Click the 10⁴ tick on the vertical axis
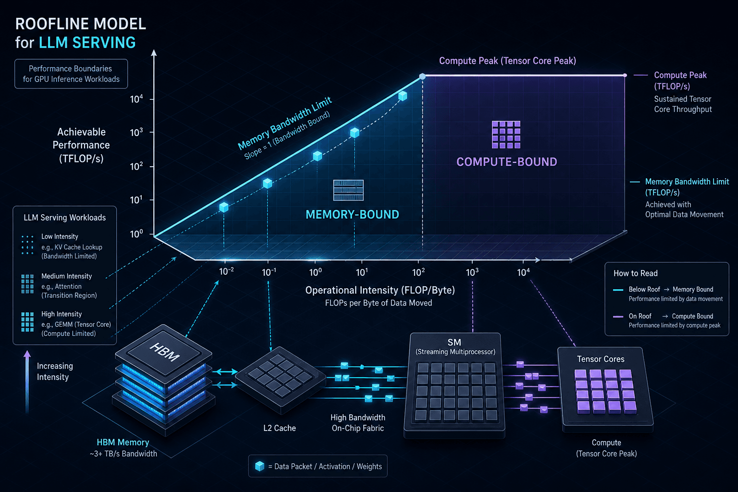point(151,99)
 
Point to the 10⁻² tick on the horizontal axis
point(225,261)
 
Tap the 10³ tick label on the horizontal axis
point(472,272)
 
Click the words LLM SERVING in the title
point(87,42)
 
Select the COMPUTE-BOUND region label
point(507,162)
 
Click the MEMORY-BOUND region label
point(352,214)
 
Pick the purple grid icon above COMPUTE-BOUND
point(506,135)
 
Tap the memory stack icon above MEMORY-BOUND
point(348,190)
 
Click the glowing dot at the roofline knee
point(422,76)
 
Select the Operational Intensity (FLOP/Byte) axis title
point(380,290)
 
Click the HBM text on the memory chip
point(165,352)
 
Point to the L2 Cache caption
point(279,428)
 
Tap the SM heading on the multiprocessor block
point(455,343)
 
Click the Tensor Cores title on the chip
point(601,359)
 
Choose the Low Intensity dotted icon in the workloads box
point(27,245)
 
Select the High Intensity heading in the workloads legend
point(61,314)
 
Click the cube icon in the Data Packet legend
point(259,466)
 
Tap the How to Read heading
point(635,273)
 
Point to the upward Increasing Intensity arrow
point(27,381)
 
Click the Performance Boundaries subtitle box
point(71,74)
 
